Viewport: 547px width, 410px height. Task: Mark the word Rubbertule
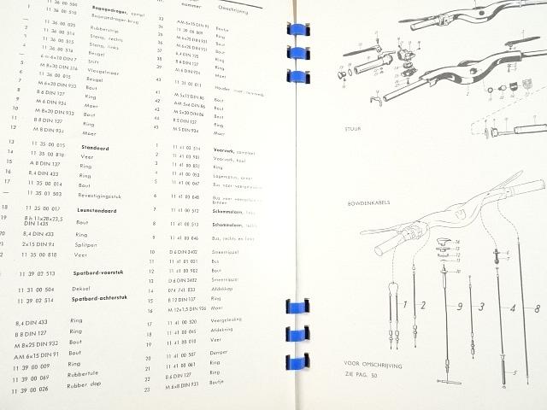coord(84,377)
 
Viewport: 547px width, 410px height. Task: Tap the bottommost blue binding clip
coord(299,356)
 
